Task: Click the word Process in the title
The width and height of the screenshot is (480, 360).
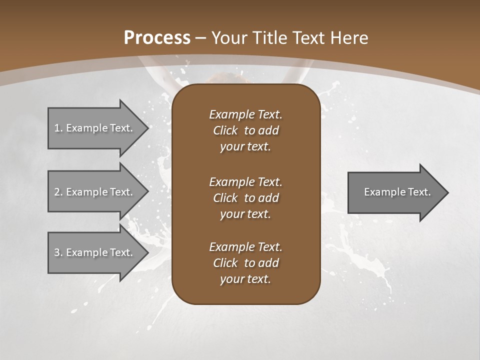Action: coord(157,38)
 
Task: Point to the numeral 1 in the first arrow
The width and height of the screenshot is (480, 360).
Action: coord(57,128)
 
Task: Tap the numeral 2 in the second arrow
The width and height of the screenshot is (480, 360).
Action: coord(57,192)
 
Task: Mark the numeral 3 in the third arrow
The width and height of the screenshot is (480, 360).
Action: coord(57,252)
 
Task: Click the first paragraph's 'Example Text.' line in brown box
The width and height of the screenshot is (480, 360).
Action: coord(245,114)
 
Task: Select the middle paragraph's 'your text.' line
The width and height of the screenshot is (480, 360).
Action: coord(245,214)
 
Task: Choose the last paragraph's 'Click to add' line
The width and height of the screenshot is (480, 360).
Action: coord(245,263)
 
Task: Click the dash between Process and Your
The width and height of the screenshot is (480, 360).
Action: coord(201,38)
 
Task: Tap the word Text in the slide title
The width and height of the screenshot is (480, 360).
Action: coord(309,38)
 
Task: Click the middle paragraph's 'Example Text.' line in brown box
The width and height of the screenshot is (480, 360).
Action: coord(245,182)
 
